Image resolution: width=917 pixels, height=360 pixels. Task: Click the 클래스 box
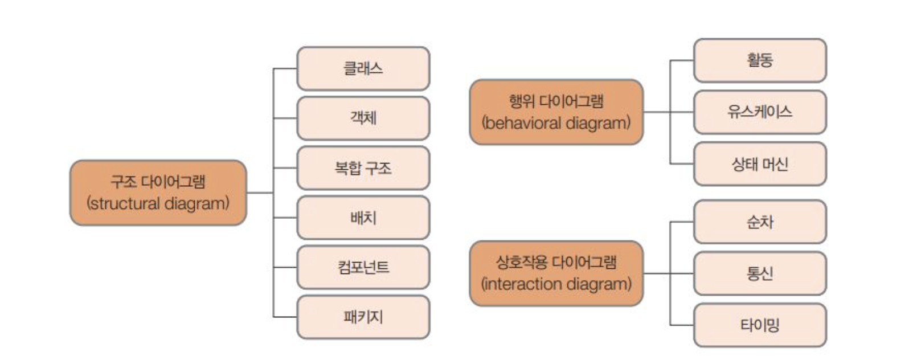[363, 68]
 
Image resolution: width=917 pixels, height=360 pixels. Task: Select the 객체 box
[363, 118]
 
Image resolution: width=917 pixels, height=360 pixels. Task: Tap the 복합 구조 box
[363, 168]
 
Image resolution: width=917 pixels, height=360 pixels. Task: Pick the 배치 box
[363, 218]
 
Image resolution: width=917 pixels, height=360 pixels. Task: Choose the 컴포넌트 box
[363, 267]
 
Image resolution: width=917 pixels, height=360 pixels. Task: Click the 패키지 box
[363, 317]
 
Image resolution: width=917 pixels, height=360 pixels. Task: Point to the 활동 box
[759, 60]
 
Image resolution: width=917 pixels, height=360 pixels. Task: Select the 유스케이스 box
[759, 112]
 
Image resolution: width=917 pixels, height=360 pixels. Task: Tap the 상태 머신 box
[759, 164]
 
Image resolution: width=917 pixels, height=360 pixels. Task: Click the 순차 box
[759, 222]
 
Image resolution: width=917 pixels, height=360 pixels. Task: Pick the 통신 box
[759, 273]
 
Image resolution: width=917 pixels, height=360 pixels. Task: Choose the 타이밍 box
[759, 325]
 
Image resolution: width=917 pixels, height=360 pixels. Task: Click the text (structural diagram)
[158, 203]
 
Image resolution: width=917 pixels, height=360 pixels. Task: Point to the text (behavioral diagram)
[556, 122]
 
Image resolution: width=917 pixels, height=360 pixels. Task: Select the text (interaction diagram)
[556, 284]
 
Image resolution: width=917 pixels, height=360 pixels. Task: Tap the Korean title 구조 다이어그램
[158, 182]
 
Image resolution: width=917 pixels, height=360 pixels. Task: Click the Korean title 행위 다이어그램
[556, 101]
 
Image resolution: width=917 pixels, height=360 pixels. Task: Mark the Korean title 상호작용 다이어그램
[556, 262]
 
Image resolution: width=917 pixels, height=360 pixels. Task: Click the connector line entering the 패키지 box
[285, 317]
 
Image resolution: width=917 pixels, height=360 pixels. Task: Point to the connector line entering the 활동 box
[682, 60]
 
